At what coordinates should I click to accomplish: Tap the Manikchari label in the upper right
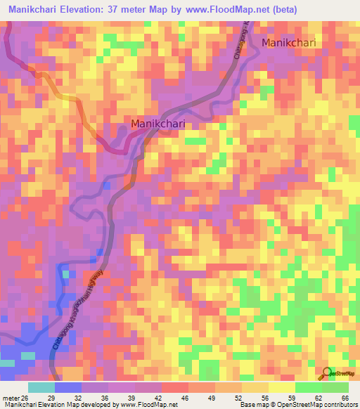[289, 43]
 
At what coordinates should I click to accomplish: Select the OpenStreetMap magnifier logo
[328, 373]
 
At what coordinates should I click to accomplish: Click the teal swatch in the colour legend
[41, 387]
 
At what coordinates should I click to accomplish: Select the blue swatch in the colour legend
[68, 387]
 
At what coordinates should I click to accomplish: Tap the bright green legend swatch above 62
[308, 387]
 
